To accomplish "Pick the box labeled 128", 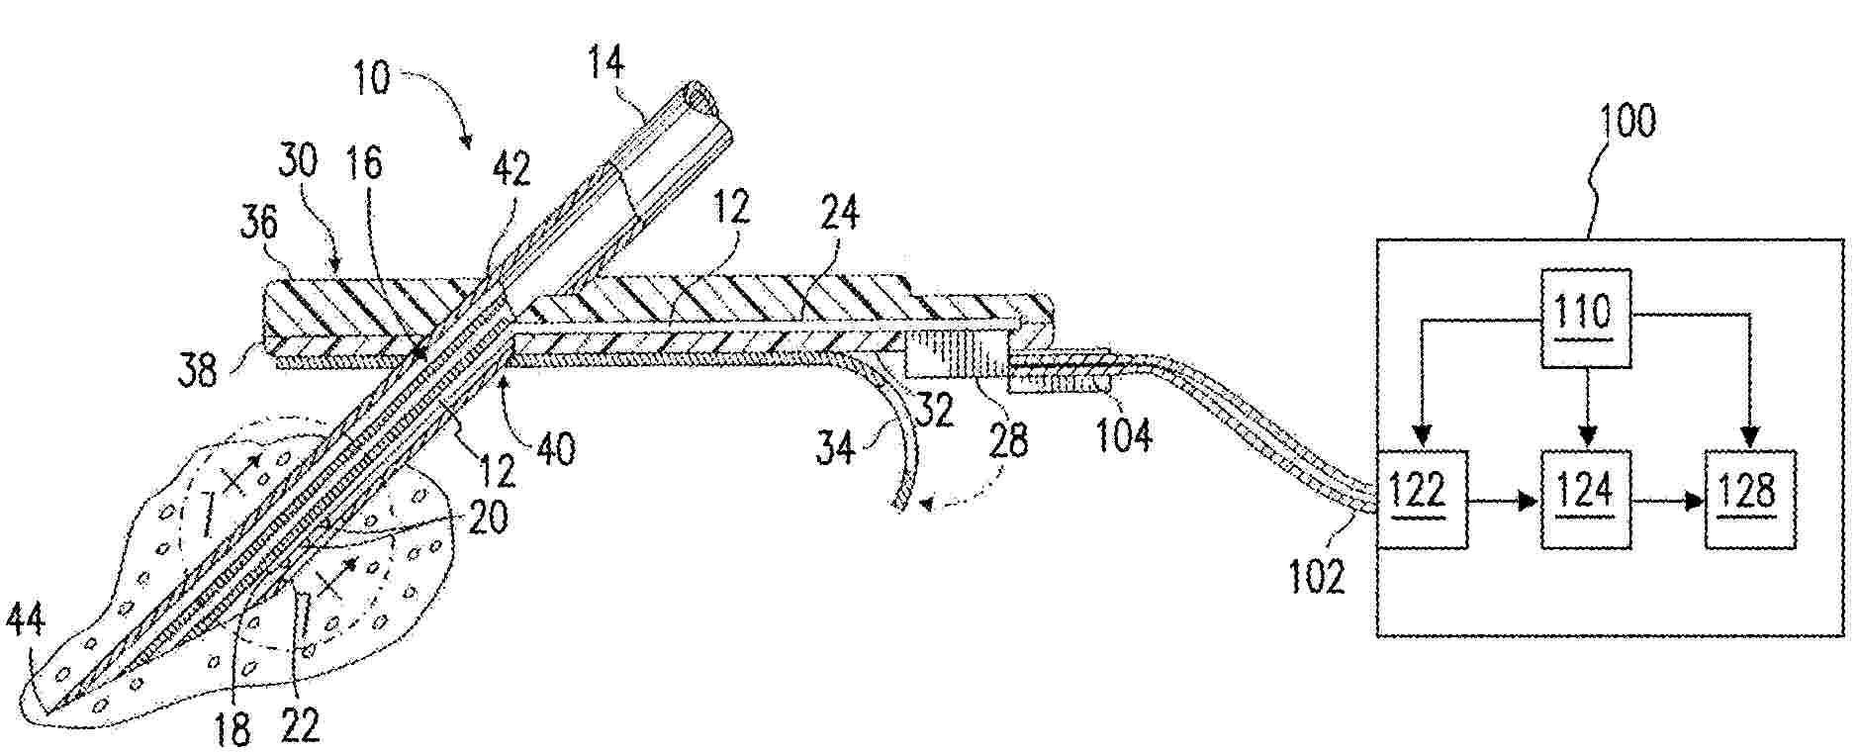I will pyautogui.click(x=1748, y=499).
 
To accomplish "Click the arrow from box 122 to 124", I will pyautogui.click(x=1503, y=501).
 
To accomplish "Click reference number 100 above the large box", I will pyautogui.click(x=1627, y=123).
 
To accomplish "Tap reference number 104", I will pyautogui.click(x=1126, y=432).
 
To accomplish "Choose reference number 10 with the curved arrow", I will pyautogui.click(x=370, y=76).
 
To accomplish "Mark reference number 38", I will pyautogui.click(x=199, y=372).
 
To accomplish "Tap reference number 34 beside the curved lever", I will pyautogui.click(x=835, y=448).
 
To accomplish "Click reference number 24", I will pyautogui.click(x=839, y=212).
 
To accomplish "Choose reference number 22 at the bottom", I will pyautogui.click(x=301, y=725).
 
